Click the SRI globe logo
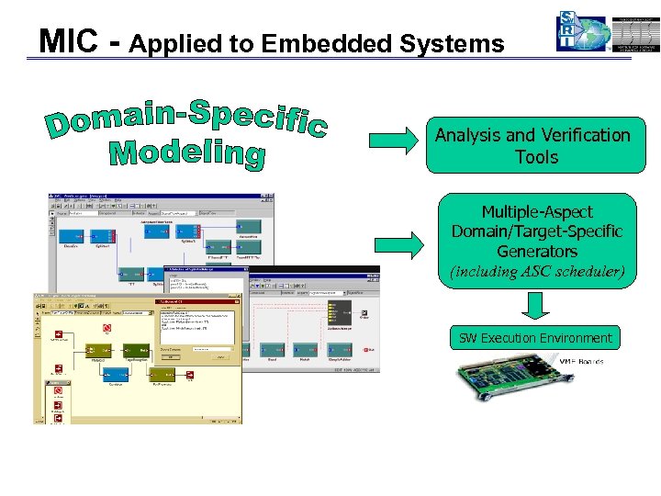click(582, 34)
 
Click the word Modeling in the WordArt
click(186, 153)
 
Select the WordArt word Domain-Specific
click(186, 121)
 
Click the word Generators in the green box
click(537, 251)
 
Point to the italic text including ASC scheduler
click(537, 272)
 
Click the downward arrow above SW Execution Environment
click(535, 305)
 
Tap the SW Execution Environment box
click(535, 338)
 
